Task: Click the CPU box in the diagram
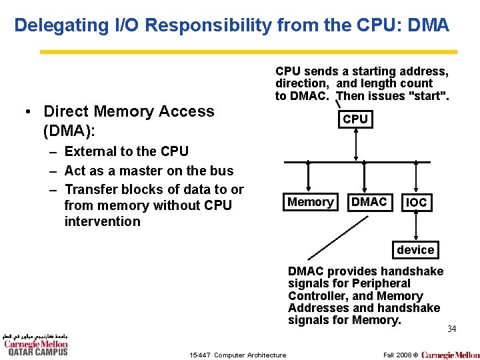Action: coord(355,119)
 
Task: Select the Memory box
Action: coord(310,202)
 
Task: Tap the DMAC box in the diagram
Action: coord(369,202)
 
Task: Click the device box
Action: coord(415,250)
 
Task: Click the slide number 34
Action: coord(452,329)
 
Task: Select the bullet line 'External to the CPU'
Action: coord(126,151)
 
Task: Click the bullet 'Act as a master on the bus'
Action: coord(149,171)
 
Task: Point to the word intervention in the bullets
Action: coord(102,221)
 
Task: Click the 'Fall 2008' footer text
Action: coord(397,355)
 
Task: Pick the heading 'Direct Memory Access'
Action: coord(129,111)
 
